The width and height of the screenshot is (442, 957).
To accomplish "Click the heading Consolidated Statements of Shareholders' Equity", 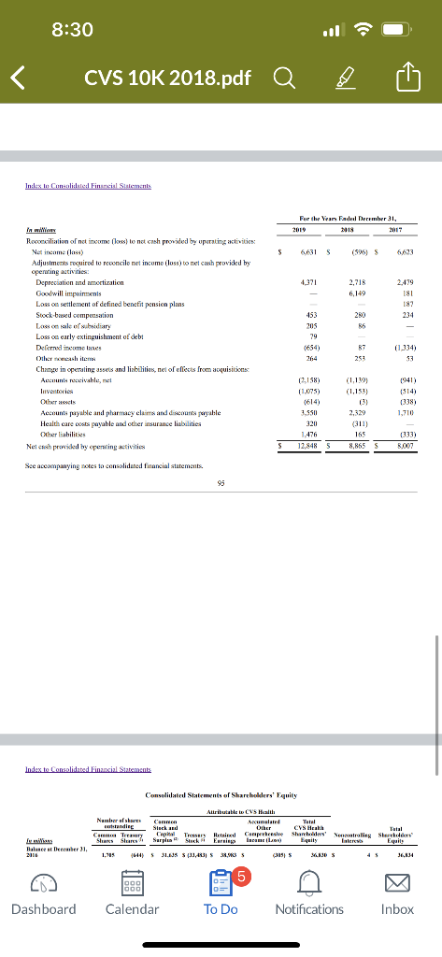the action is click(x=221, y=793).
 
